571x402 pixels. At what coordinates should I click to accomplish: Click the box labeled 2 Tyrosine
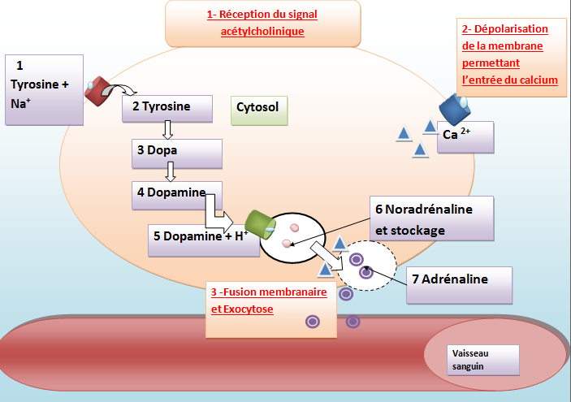[167, 108]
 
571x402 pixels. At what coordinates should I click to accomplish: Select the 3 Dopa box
[176, 151]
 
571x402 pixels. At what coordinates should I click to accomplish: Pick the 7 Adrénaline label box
[461, 280]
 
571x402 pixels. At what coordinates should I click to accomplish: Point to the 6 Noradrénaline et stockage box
[431, 219]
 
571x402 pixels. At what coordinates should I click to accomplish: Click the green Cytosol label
[259, 109]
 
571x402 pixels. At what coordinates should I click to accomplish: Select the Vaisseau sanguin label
[484, 359]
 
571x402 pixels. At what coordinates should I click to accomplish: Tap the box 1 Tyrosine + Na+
[44, 89]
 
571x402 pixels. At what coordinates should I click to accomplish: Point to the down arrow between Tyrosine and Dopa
[168, 130]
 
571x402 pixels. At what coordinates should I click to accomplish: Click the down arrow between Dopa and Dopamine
[170, 172]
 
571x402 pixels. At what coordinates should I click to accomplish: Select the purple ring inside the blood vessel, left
[312, 322]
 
